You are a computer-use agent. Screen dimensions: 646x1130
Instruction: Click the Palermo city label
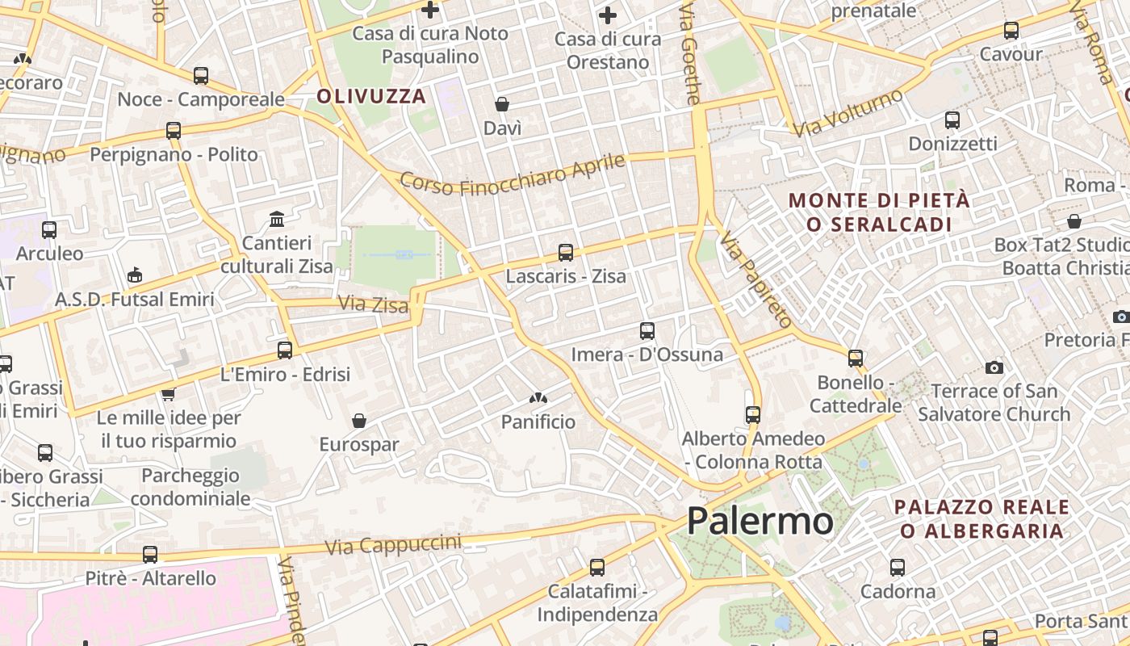click(x=760, y=521)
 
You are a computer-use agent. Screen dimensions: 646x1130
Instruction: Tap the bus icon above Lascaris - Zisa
click(x=566, y=253)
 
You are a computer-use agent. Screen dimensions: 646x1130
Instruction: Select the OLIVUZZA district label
click(x=371, y=96)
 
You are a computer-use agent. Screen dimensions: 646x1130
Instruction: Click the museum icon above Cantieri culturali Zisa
click(x=278, y=219)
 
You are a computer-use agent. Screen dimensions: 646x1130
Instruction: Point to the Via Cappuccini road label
click(x=393, y=544)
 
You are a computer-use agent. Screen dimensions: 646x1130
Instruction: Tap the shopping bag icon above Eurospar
click(x=359, y=421)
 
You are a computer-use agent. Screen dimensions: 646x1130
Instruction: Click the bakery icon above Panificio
click(x=538, y=397)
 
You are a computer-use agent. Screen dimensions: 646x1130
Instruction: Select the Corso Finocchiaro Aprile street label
click(x=513, y=174)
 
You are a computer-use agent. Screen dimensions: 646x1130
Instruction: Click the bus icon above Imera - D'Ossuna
click(x=647, y=330)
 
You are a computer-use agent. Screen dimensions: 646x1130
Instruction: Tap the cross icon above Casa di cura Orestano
click(x=608, y=15)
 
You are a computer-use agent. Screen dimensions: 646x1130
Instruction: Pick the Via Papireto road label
click(x=756, y=279)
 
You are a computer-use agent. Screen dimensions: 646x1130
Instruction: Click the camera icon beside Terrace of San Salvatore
click(x=994, y=368)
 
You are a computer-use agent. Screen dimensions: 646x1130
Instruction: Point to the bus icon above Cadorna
click(x=898, y=568)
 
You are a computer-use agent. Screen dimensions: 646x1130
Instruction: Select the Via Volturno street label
click(x=847, y=113)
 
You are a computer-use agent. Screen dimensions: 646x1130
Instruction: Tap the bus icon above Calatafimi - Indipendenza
click(x=597, y=568)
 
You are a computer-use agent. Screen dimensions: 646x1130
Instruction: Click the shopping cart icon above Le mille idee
click(x=168, y=394)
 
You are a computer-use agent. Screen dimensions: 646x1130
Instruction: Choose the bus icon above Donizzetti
click(x=952, y=120)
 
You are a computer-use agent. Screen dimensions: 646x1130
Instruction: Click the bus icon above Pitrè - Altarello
click(x=150, y=555)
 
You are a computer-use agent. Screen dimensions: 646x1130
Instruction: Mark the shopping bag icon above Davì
click(x=502, y=104)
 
